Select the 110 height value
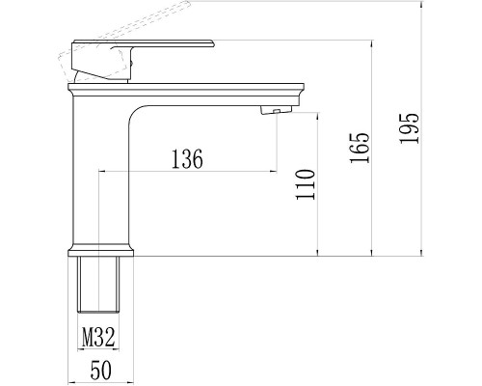point(307,183)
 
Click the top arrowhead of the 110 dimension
point(317,115)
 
